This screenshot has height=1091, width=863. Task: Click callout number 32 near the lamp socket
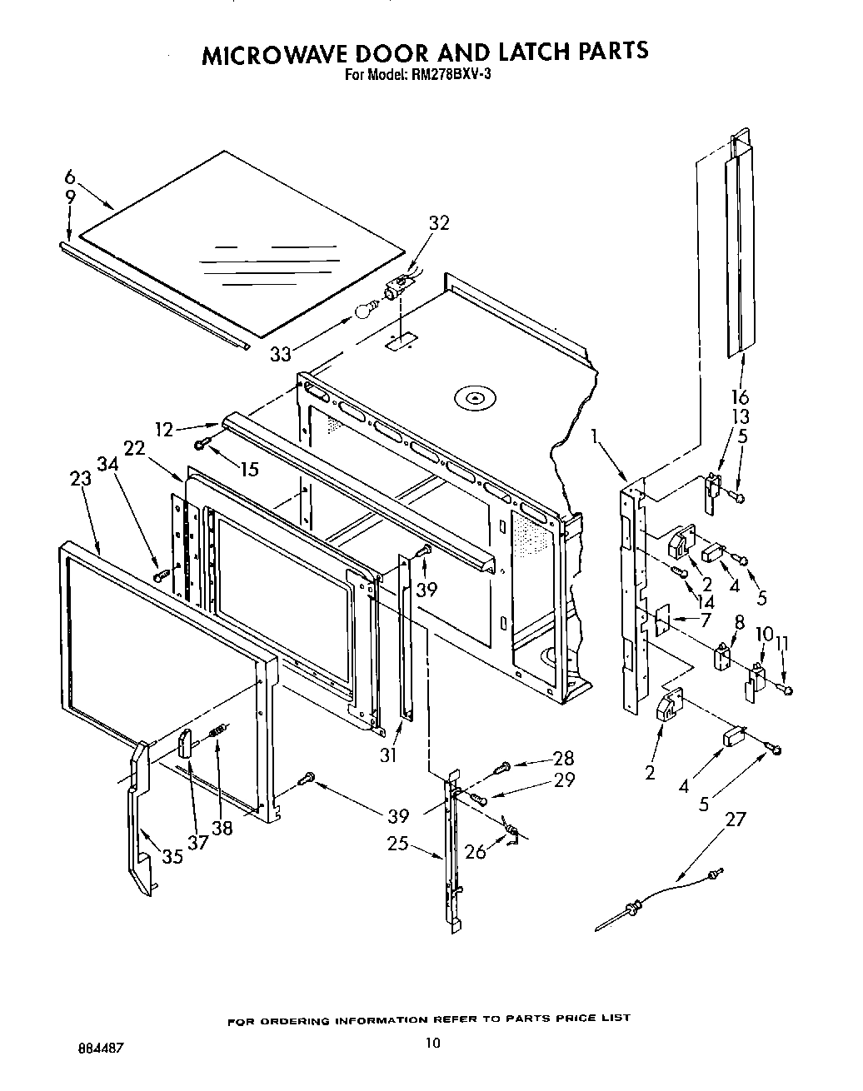[x=439, y=223]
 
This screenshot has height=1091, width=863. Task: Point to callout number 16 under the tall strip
[x=740, y=397]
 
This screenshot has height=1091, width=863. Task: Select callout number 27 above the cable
[x=736, y=819]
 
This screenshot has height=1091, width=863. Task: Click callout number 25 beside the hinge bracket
[x=398, y=844]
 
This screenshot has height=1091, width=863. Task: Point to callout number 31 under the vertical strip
[x=388, y=755]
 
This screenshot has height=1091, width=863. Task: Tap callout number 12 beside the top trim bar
[x=164, y=429]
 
